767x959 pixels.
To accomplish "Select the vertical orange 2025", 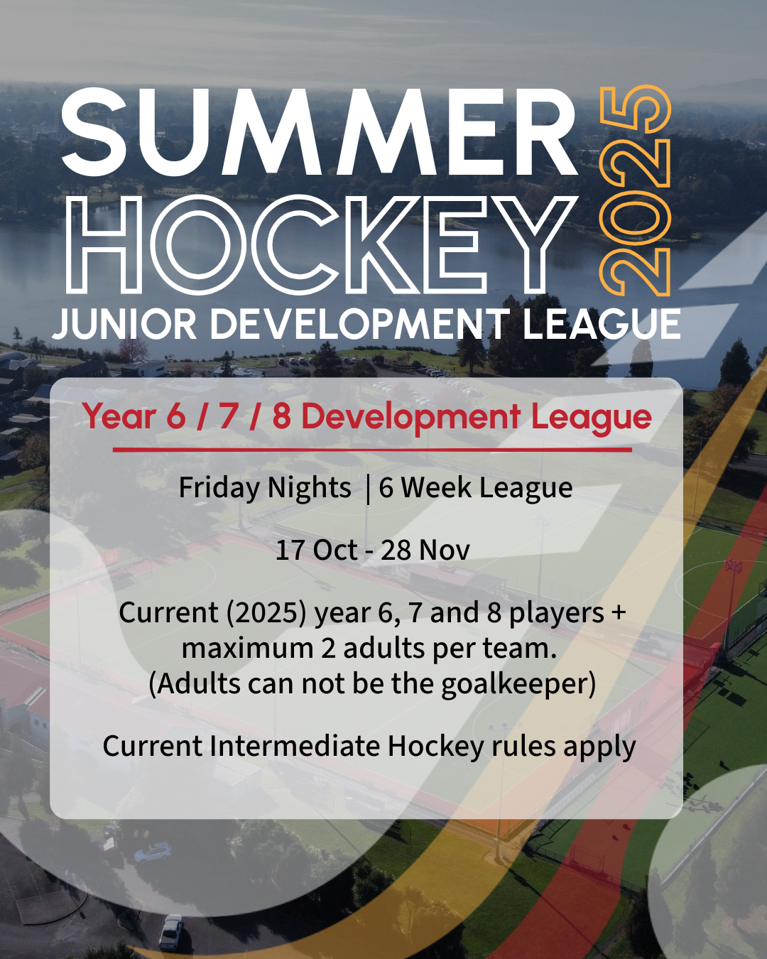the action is click(635, 190).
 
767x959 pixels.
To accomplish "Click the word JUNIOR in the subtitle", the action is click(124, 323).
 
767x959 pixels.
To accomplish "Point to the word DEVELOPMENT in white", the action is click(359, 323).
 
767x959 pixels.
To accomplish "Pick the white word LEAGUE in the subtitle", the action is click(602, 323).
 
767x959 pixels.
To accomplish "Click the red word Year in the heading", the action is click(119, 417).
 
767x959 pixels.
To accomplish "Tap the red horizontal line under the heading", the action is click(372, 450).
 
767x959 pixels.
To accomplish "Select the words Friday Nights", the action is click(265, 488).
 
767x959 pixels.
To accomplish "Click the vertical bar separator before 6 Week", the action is click(368, 489).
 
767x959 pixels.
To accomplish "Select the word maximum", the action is click(247, 649).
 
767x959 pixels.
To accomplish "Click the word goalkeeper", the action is click(518, 685).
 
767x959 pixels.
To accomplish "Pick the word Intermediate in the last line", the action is click(295, 746).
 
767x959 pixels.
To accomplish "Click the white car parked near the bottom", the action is click(171, 932).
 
